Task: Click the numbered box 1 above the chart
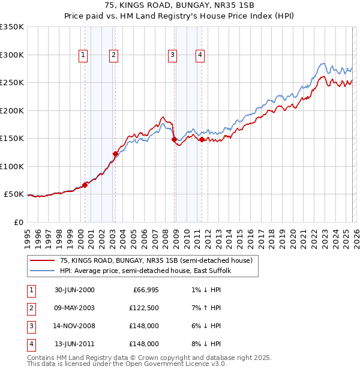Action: click(x=83, y=55)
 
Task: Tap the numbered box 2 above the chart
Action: click(x=113, y=55)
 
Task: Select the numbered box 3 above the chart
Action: click(x=172, y=55)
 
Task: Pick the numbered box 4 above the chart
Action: click(x=200, y=55)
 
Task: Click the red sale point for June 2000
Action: click(x=85, y=185)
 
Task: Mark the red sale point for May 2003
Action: click(x=115, y=154)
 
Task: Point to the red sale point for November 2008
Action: click(x=174, y=139)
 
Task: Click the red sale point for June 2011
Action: click(x=202, y=139)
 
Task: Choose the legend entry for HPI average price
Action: click(x=149, y=271)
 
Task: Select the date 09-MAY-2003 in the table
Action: click(x=74, y=308)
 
